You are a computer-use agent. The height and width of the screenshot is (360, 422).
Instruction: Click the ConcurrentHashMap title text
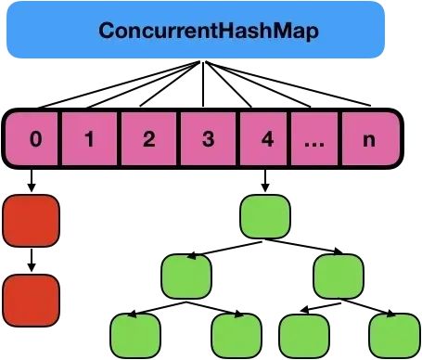click(x=209, y=31)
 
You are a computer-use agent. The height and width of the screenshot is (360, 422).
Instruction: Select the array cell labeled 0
click(x=35, y=141)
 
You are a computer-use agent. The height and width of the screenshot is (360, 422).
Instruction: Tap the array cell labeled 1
click(x=90, y=141)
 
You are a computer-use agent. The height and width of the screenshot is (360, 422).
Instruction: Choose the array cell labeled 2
click(x=148, y=141)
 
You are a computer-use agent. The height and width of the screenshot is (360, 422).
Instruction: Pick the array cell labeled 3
click(x=208, y=141)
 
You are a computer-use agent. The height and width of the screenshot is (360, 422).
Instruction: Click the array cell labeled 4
click(x=267, y=141)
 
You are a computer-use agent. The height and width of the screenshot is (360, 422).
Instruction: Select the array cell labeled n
click(x=369, y=141)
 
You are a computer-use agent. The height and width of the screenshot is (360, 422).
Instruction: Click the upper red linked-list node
click(x=31, y=219)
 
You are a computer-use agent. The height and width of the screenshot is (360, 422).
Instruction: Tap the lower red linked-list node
click(x=31, y=299)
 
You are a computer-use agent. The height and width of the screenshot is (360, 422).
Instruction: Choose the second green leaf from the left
click(x=237, y=333)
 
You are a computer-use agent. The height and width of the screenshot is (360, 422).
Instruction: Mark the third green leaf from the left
click(x=304, y=333)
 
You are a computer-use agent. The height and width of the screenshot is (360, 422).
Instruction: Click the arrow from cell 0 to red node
click(x=31, y=180)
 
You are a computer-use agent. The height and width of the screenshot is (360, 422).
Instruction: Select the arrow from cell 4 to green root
click(x=265, y=180)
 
